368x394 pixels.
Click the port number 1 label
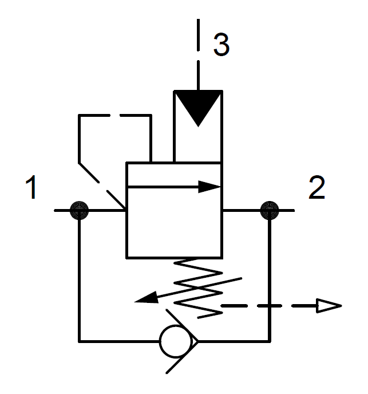click(x=31, y=187)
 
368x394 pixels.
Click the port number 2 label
click(x=316, y=187)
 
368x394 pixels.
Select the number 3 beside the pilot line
click(x=221, y=45)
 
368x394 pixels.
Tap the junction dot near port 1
click(x=79, y=210)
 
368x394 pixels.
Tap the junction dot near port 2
click(x=270, y=210)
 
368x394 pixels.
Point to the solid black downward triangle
click(x=198, y=107)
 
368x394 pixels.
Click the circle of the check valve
click(x=176, y=341)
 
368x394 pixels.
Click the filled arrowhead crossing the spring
click(x=147, y=298)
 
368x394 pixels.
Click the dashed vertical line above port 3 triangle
click(x=198, y=54)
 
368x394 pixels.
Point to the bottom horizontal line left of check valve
click(x=119, y=341)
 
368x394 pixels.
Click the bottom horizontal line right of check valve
click(x=235, y=341)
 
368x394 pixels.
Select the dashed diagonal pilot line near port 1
click(x=102, y=186)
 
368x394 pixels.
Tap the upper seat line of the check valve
click(x=182, y=325)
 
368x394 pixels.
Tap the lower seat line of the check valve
click(x=182, y=357)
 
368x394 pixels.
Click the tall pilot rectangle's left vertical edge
click(x=175, y=127)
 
